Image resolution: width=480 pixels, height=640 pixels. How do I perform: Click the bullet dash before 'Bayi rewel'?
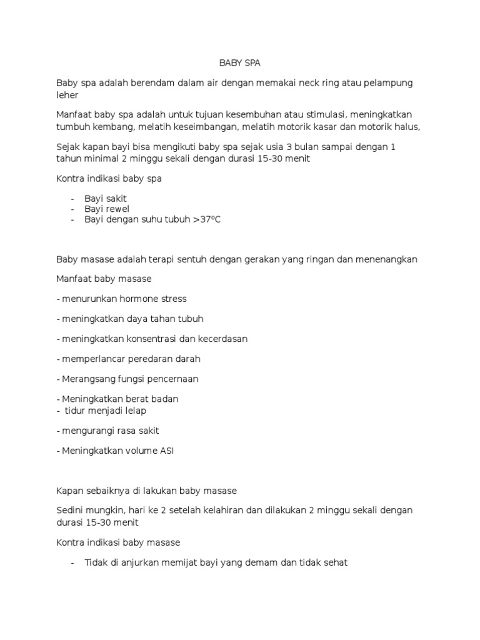click(73, 209)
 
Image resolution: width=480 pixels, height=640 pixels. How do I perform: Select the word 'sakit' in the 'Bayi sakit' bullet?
click(116, 198)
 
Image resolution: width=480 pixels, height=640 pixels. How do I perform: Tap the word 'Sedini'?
click(71, 511)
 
